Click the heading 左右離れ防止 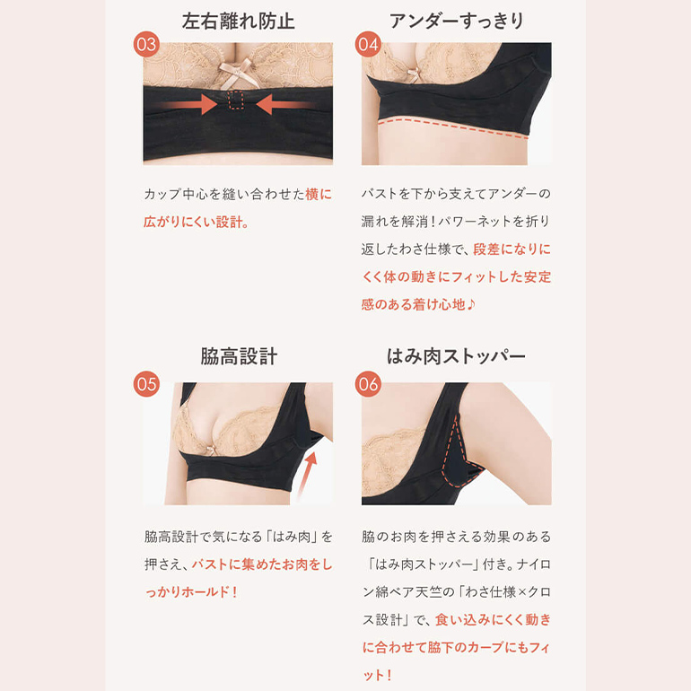click(238, 20)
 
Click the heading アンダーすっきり click(457, 20)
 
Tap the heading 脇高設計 click(238, 356)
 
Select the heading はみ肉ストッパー click(457, 356)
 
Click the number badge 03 click(146, 45)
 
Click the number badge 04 click(367, 45)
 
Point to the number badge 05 click(146, 384)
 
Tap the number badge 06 click(367, 384)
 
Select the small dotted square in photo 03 click(237, 101)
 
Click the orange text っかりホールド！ click(191, 592)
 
